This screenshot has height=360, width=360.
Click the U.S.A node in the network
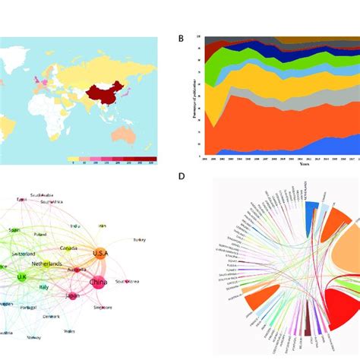pos(102,253)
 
